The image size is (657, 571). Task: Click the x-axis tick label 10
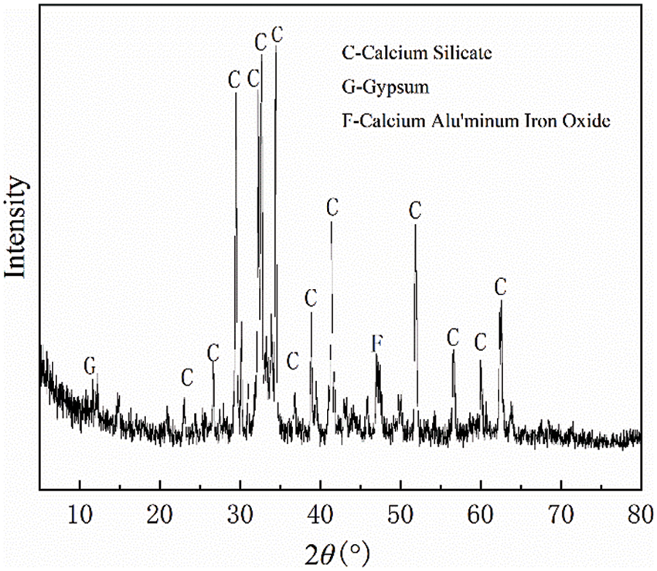80,509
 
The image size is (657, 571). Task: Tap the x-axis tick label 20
160,509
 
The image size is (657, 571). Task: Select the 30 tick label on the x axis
240,509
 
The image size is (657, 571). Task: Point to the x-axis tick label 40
320,509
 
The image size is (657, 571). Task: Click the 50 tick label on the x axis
400,509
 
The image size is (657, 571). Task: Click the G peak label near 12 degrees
90,364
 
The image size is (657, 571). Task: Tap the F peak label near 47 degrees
376,344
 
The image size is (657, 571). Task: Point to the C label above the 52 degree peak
416,210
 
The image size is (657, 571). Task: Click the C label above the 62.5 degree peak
501,287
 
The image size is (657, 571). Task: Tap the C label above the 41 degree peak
332,207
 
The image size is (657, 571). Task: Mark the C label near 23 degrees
186,377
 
